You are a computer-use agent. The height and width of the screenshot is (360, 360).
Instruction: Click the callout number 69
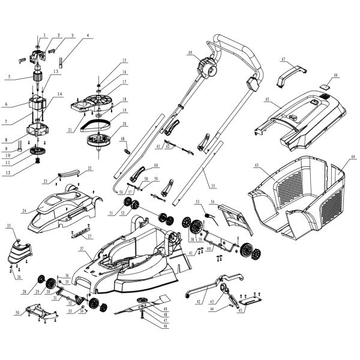point(189,53)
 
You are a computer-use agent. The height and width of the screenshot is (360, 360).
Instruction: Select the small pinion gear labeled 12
point(35,163)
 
